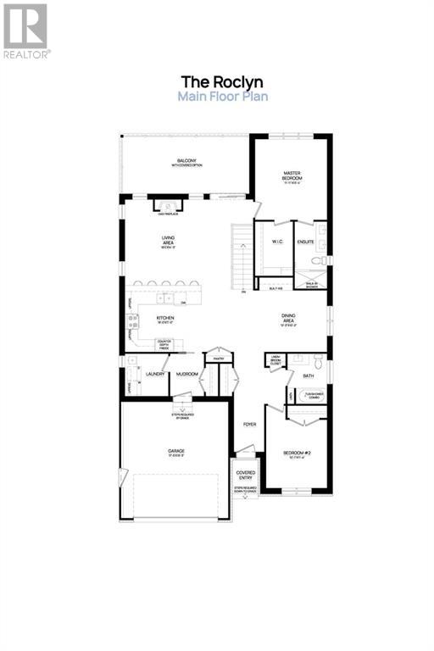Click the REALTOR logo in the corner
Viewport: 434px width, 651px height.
click(26, 30)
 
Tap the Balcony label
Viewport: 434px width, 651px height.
click(186, 162)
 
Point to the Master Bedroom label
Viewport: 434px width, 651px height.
click(292, 175)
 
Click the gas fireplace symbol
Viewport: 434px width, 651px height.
click(167, 206)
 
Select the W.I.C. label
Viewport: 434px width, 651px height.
click(276, 242)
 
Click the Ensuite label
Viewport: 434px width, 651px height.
click(306, 242)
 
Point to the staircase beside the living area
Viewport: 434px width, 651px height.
click(243, 254)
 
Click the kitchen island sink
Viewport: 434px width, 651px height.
click(169, 298)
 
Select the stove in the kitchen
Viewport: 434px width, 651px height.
click(131, 321)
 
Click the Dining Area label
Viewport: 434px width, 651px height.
click(288, 319)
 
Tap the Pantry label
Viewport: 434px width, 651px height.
click(218, 359)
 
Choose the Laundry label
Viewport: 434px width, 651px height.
click(154, 374)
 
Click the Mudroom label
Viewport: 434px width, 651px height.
click(187, 374)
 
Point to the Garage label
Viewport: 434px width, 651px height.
click(175, 451)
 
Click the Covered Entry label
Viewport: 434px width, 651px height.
click(246, 475)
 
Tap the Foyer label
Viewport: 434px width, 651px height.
click(249, 424)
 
